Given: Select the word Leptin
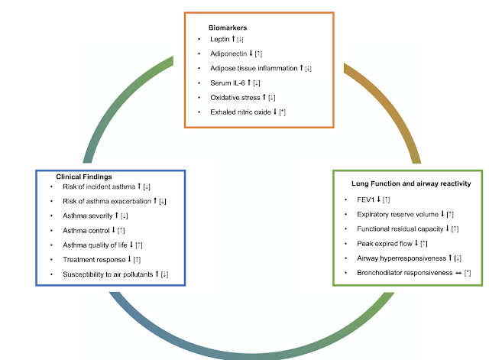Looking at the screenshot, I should (x=220, y=38).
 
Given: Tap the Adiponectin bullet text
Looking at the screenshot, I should (x=230, y=54).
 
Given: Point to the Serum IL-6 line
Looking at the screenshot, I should (x=228, y=83).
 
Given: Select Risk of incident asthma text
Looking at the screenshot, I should (x=99, y=186).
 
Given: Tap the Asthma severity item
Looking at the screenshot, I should (x=89, y=216).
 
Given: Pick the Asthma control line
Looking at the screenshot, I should (x=86, y=230).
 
